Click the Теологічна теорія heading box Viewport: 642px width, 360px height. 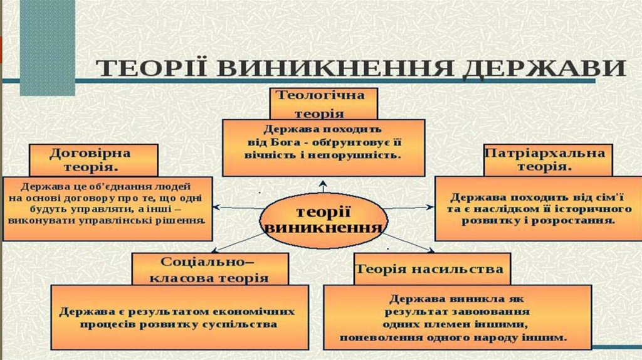pos(324,103)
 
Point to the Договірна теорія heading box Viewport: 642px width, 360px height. pos(93,160)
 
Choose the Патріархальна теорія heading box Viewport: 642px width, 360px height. pos(547,160)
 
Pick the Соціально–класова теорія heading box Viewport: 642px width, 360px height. pos(210,270)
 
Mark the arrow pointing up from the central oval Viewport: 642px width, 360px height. pos(323,186)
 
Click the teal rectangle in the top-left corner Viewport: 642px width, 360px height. pos(47,47)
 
